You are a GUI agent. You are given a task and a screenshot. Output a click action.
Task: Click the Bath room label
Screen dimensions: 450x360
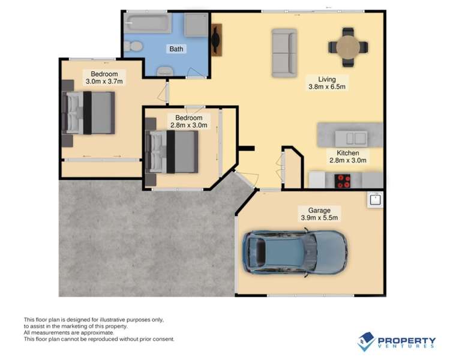176,49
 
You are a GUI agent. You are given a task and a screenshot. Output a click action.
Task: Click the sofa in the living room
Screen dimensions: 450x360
284,53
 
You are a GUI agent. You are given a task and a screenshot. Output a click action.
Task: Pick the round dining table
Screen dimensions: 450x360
348,47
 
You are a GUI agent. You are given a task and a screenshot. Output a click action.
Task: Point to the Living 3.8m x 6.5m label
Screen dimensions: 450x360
327,83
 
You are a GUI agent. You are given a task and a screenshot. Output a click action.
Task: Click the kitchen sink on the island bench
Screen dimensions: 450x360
351,139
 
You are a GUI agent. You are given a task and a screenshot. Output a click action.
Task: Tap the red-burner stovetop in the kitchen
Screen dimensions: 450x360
343,181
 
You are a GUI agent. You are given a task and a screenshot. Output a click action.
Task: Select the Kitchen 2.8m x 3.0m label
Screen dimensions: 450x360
348,157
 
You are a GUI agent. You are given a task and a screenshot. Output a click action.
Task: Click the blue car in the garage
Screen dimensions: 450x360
295,253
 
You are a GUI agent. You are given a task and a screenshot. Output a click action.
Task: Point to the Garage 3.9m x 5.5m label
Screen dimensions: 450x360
319,214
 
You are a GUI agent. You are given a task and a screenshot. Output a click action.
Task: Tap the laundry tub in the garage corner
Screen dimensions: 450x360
376,199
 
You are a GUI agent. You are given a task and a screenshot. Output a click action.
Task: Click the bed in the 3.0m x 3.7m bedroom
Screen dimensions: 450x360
88,113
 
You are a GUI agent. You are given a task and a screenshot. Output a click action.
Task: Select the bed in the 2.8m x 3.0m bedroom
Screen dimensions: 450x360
172,152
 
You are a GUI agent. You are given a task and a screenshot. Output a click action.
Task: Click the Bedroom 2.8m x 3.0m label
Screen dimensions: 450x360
188,121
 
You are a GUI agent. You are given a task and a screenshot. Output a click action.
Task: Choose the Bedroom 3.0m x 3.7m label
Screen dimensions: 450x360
104,77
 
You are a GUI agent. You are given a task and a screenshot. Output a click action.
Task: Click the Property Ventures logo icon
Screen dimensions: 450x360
366,341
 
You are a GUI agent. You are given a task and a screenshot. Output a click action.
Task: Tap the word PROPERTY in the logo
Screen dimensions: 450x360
407,341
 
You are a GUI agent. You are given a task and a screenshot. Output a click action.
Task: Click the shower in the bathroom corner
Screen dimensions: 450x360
196,25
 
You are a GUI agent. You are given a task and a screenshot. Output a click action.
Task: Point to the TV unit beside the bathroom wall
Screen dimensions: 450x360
217,40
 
